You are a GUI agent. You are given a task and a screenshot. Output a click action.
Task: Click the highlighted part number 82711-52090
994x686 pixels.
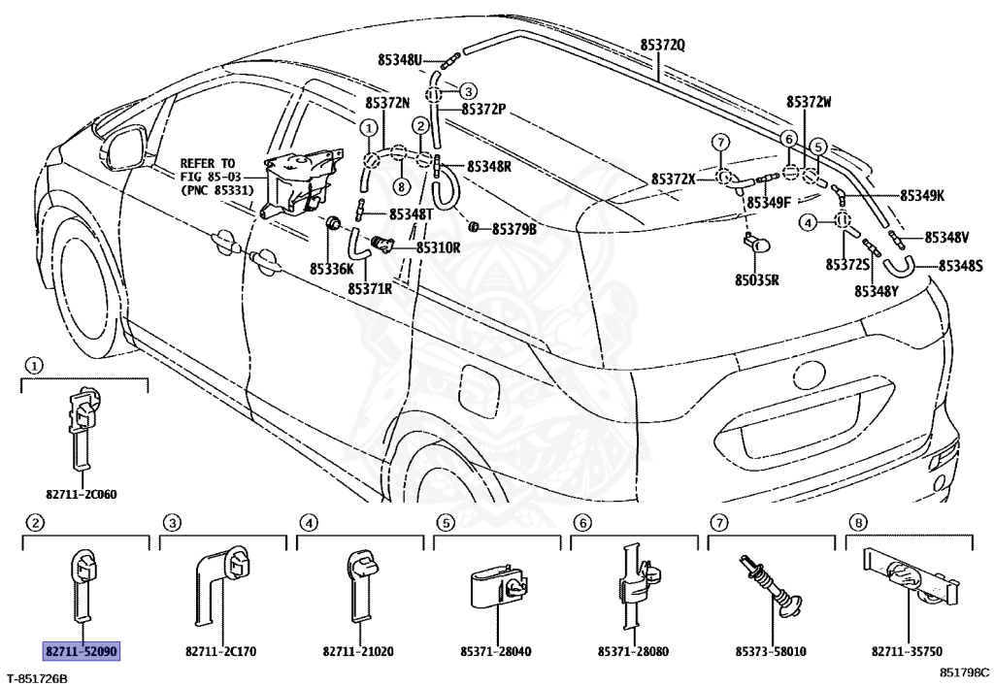(81, 649)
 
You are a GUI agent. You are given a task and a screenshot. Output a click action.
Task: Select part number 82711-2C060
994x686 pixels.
(82, 494)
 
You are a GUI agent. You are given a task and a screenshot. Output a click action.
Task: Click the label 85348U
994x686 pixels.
(400, 60)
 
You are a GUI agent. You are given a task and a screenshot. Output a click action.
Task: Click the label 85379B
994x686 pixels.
(514, 229)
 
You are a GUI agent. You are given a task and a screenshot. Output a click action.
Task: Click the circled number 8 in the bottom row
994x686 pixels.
(857, 523)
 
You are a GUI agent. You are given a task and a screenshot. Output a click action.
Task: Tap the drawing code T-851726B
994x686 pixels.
(37, 675)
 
